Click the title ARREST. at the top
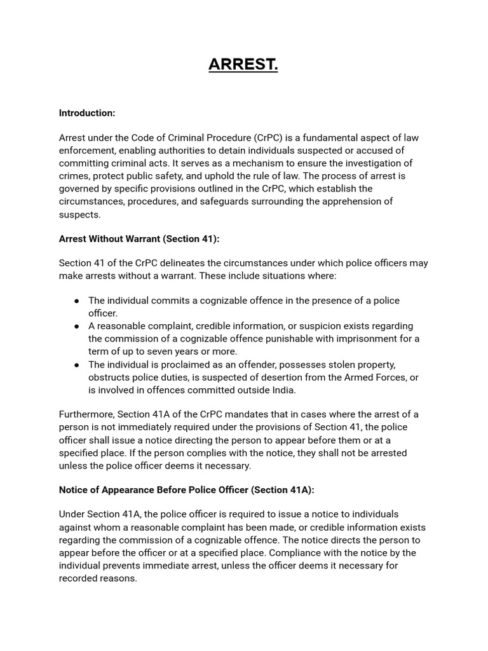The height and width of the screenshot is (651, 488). click(243, 64)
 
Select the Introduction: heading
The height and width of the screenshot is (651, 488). click(87, 113)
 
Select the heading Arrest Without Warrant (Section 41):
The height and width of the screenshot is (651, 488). click(139, 238)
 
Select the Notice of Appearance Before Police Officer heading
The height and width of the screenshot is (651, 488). click(186, 490)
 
